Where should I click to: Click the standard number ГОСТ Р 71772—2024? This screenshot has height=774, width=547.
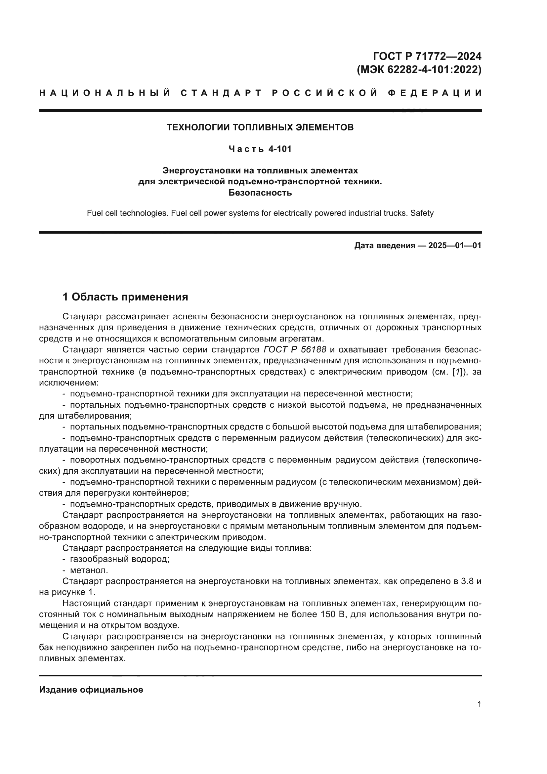427,56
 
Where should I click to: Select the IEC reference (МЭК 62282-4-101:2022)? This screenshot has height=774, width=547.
419,69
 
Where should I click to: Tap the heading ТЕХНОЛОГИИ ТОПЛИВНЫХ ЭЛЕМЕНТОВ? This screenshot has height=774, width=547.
260,127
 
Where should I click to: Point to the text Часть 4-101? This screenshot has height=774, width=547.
260,149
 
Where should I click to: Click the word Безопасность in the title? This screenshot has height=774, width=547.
260,193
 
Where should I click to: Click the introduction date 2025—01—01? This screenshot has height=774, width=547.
455,246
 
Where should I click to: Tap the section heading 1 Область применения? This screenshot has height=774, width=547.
125,297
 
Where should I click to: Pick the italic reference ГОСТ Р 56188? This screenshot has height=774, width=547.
295,349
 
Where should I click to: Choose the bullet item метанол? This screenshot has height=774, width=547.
89,570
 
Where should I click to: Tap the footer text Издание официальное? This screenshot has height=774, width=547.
91,690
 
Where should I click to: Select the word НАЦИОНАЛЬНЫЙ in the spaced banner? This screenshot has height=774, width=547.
105,93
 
